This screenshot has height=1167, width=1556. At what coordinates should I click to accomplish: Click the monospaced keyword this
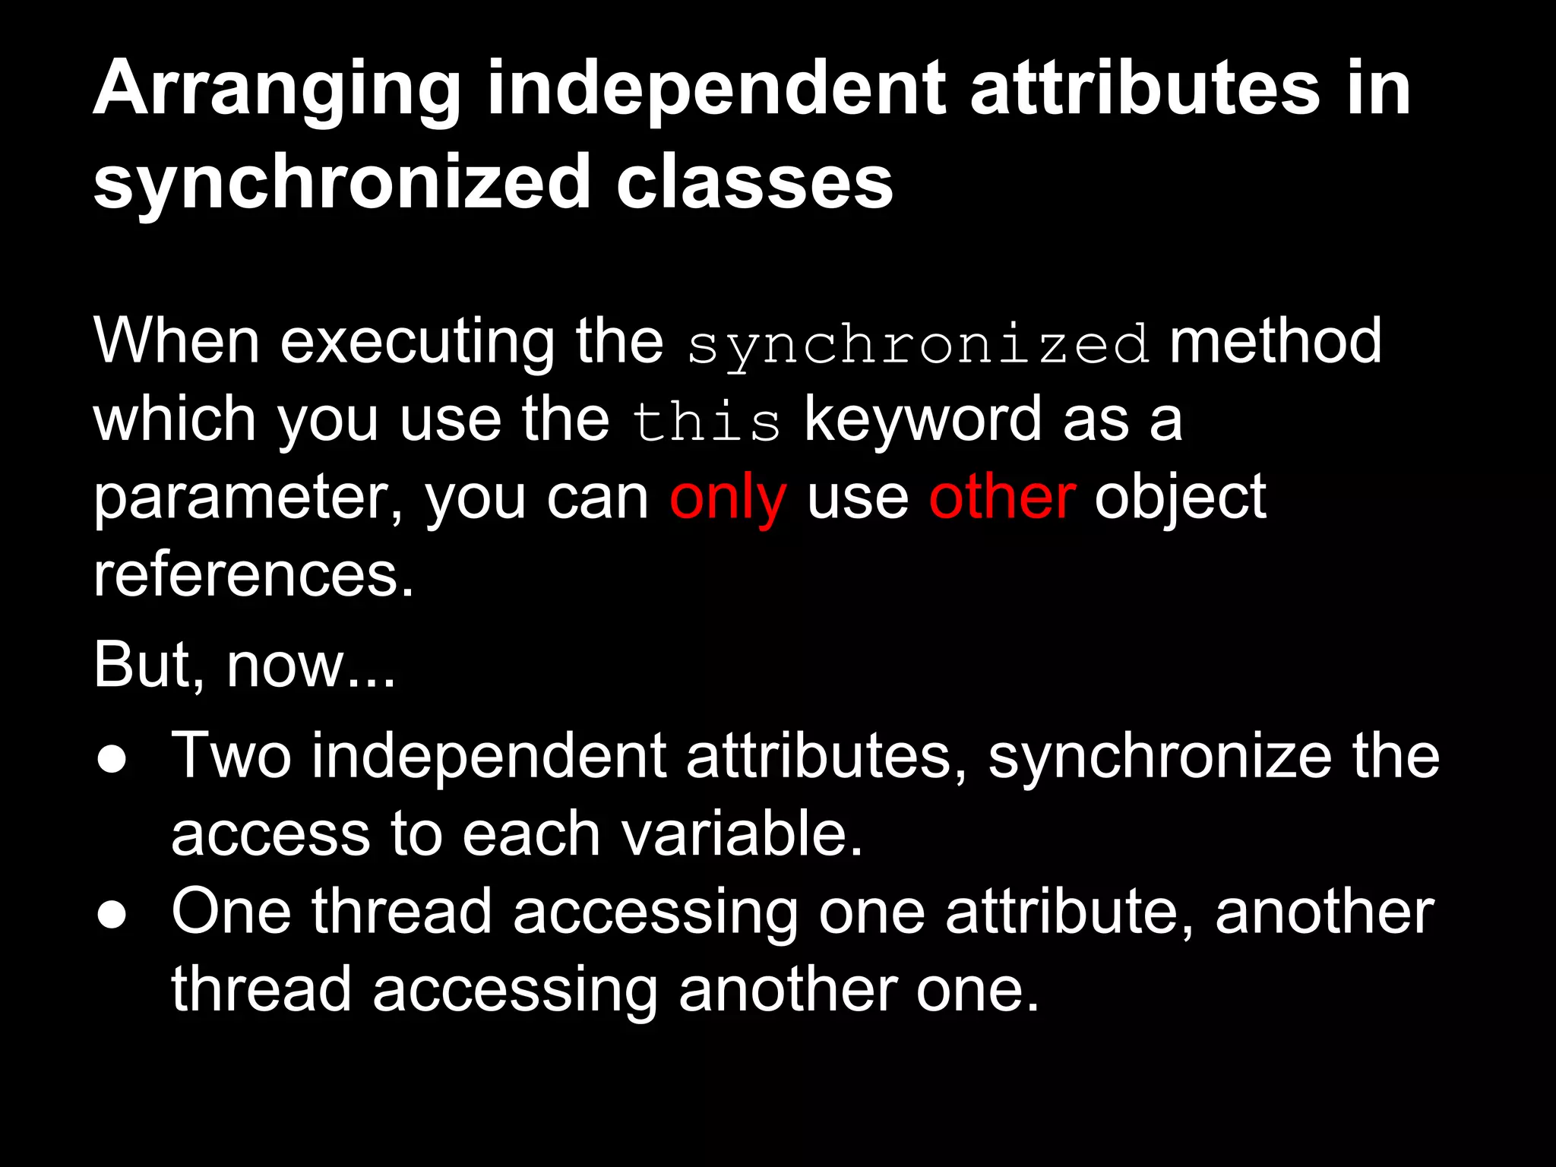(x=706, y=422)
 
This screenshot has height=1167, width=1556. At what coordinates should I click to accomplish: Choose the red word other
(x=1001, y=498)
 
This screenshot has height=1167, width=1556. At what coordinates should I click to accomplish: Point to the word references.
(x=253, y=575)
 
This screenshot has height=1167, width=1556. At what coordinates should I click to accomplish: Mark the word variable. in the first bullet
(x=742, y=834)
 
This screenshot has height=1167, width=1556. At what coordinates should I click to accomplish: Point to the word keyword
(x=922, y=420)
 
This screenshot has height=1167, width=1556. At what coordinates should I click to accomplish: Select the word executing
(x=417, y=343)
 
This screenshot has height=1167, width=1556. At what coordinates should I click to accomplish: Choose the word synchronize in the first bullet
(x=1159, y=758)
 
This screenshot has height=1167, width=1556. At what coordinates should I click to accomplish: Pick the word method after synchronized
(x=1275, y=342)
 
